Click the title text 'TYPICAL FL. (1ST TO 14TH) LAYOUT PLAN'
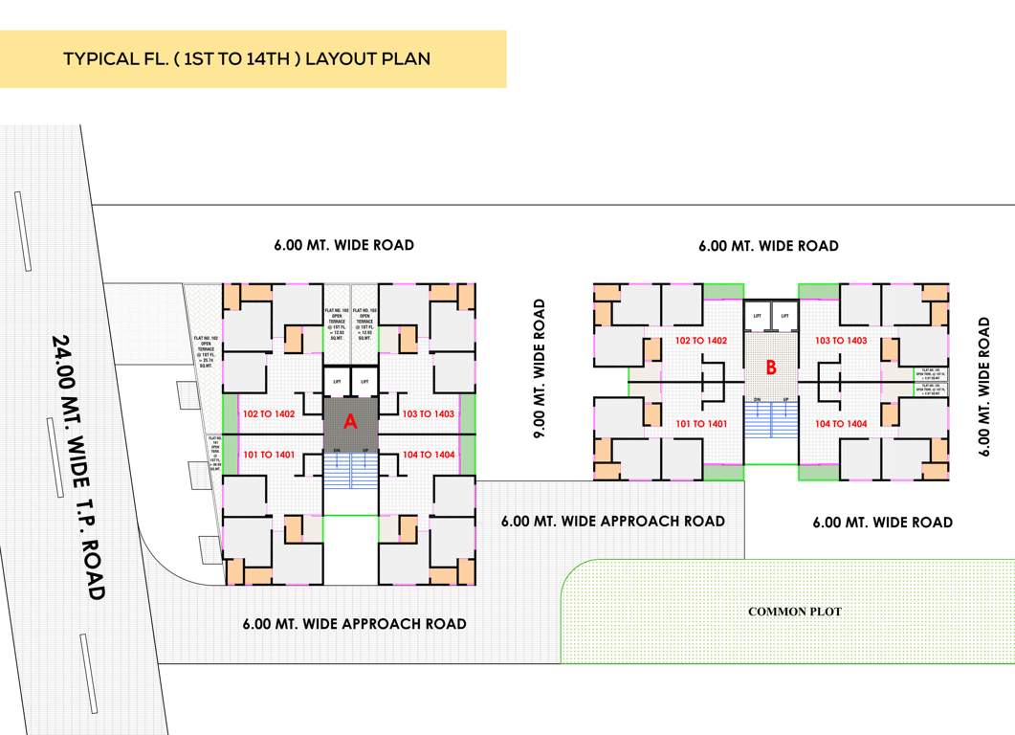[247, 58]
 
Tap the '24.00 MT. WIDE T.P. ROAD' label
[77, 467]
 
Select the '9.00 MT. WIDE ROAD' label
[540, 368]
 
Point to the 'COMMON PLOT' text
[794, 612]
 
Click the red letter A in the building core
[350, 421]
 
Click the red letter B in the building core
[771, 366]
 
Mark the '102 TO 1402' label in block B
[701, 341]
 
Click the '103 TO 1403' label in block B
[841, 341]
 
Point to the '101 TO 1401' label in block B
[701, 423]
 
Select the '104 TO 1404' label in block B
[841, 423]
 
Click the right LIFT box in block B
[784, 316]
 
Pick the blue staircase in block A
[350, 470]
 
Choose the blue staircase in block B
[771, 418]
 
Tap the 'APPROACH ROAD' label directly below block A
[354, 624]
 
